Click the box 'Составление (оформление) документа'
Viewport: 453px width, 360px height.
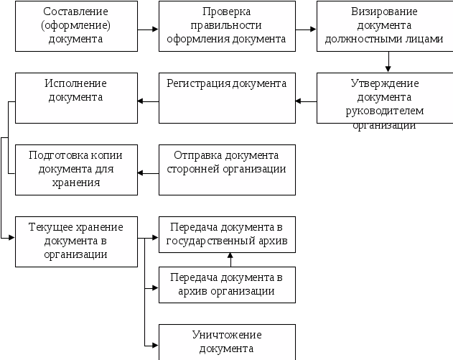pyautogui.click(x=76, y=26)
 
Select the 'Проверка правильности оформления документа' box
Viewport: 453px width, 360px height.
pyautogui.click(x=227, y=26)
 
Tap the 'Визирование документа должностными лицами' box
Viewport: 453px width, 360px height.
pyautogui.click(x=385, y=26)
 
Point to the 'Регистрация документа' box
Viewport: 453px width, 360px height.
pyautogui.click(x=227, y=98)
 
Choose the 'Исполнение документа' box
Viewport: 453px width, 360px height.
pyautogui.click(x=76, y=98)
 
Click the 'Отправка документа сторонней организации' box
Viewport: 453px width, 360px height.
pyautogui.click(x=227, y=170)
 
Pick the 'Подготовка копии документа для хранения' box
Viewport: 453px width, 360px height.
pyautogui.click(x=76, y=170)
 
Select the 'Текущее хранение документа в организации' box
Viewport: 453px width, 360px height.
pyautogui.click(x=76, y=241)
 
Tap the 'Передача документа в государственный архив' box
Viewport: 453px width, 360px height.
pyautogui.click(x=227, y=234)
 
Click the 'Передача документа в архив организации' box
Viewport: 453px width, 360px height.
pyautogui.click(x=227, y=285)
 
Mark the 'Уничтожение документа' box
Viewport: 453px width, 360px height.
pyautogui.click(x=227, y=342)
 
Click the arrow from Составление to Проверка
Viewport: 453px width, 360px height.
pyautogui.click(x=148, y=29)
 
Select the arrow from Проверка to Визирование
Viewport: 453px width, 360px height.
pyautogui.click(x=307, y=29)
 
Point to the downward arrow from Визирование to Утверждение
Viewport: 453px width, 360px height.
pyautogui.click(x=388, y=63)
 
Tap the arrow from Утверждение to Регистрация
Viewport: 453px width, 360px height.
pyautogui.click(x=307, y=101)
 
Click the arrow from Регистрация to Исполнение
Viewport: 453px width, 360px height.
pyautogui.click(x=148, y=101)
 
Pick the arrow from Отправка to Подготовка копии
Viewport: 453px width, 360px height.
pyautogui.click(x=148, y=173)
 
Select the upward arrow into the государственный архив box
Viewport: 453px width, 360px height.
pyautogui.click(x=230, y=259)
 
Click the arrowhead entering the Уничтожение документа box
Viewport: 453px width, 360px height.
pyautogui.click(x=155, y=345)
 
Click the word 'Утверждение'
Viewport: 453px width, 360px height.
pyautogui.click(x=385, y=83)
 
